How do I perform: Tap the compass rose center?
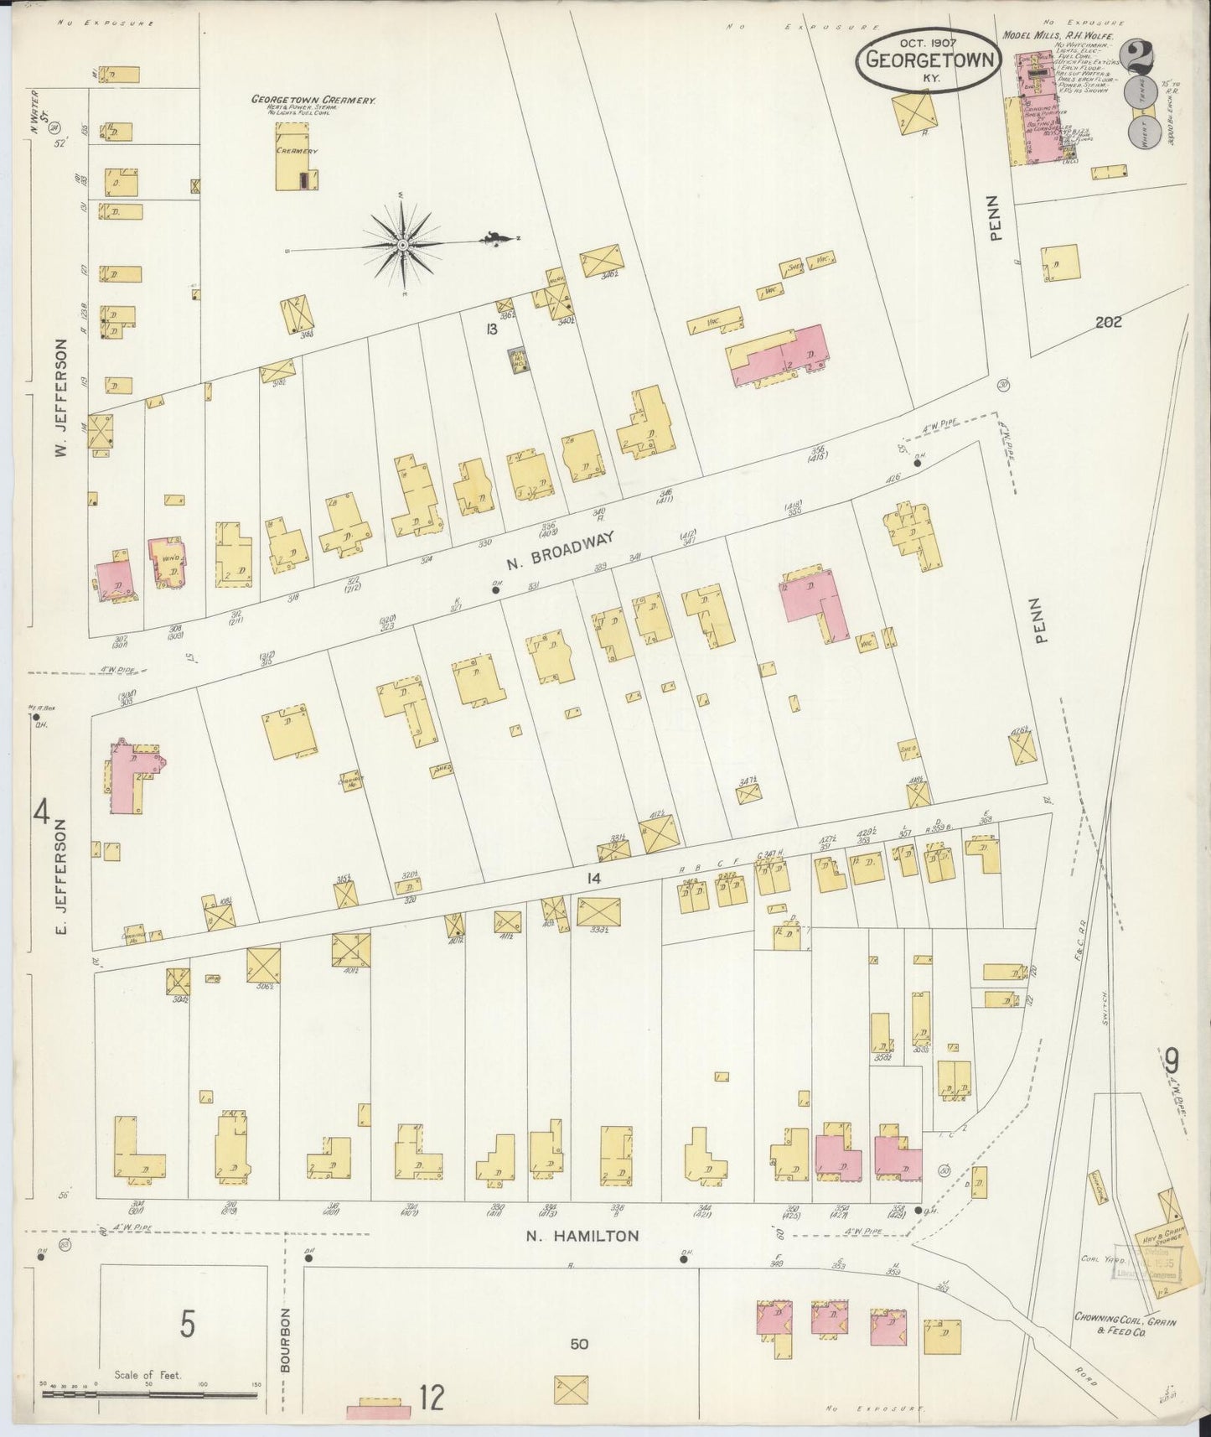[403, 244]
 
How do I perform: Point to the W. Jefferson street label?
[61, 398]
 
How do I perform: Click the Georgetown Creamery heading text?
[313, 99]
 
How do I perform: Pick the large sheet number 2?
[1140, 59]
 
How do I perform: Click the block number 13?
[491, 329]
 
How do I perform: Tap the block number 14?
[594, 879]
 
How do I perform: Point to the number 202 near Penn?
[1106, 322]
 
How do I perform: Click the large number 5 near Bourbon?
[188, 1325]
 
